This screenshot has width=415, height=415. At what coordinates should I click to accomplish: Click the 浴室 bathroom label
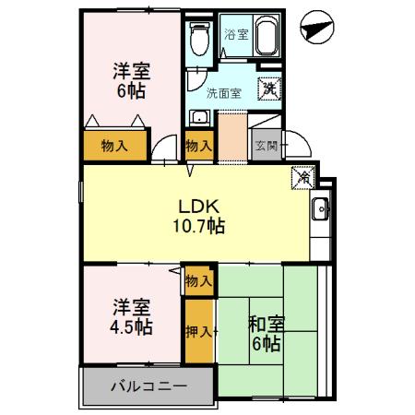(236, 34)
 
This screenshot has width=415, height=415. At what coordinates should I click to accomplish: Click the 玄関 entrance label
(267, 145)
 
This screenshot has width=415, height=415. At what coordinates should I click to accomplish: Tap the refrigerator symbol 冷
(302, 177)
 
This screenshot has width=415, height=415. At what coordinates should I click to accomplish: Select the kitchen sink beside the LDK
(320, 209)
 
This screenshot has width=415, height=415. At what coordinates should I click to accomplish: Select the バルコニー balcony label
(150, 385)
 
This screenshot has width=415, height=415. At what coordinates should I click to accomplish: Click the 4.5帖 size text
(131, 326)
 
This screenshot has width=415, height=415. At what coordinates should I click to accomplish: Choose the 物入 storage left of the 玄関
(198, 145)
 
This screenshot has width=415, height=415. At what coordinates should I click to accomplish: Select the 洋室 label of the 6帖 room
(131, 70)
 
